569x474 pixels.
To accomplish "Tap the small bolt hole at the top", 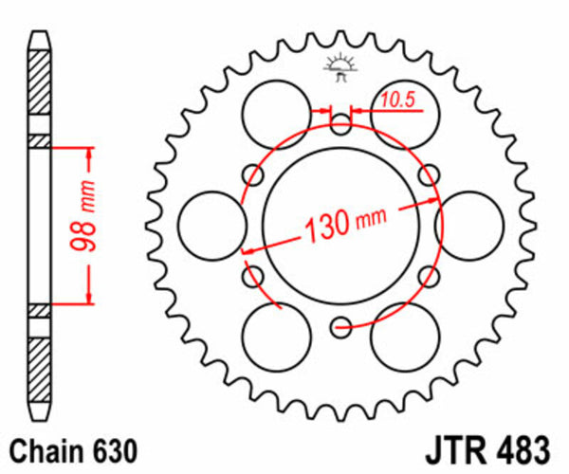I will (340, 121).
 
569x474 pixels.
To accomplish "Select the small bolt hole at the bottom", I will (340, 328).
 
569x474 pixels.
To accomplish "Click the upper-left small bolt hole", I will (253, 174).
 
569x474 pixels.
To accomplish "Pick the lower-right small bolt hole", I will (429, 277).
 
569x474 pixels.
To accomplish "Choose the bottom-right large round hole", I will (405, 337).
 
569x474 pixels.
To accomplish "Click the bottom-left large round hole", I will (276, 337).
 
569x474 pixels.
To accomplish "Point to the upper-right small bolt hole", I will (429, 174).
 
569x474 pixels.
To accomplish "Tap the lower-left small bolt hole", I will (253, 277).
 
